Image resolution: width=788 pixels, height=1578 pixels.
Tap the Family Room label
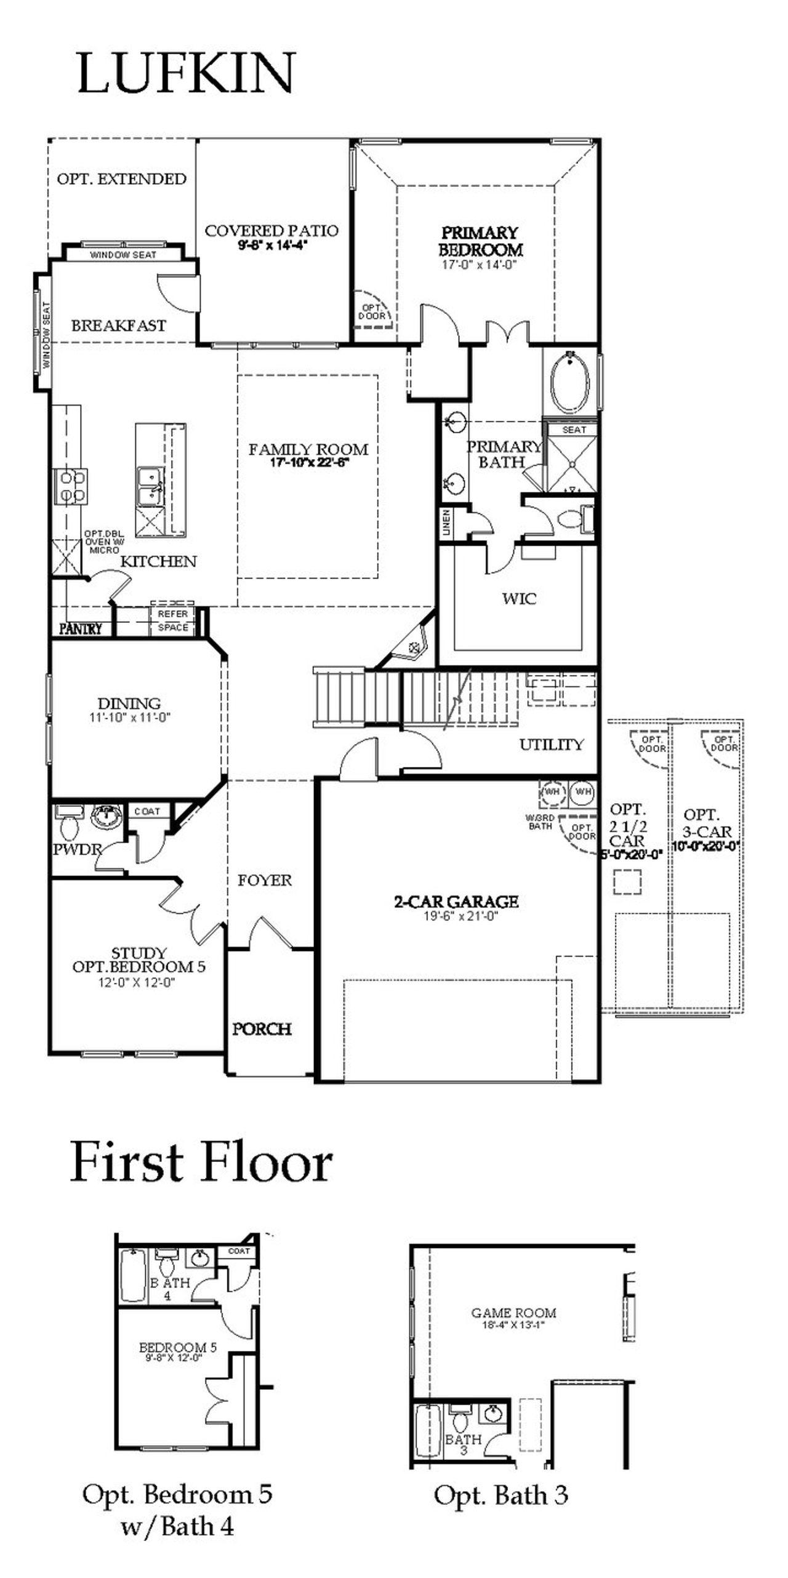pyautogui.click(x=308, y=450)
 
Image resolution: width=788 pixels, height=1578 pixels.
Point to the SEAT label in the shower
pyautogui.click(x=574, y=430)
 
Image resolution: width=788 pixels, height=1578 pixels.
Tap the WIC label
pyautogui.click(x=519, y=598)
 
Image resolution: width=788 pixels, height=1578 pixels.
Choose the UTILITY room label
pyautogui.click(x=551, y=745)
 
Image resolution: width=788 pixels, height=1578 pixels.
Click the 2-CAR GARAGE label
pyautogui.click(x=456, y=902)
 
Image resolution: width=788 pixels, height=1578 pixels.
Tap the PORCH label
pyautogui.click(x=262, y=1028)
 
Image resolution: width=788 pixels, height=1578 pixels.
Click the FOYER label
pyautogui.click(x=265, y=880)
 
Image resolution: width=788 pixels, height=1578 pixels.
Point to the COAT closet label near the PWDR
pyautogui.click(x=147, y=811)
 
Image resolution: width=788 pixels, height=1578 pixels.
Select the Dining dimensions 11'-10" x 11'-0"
pyautogui.click(x=129, y=717)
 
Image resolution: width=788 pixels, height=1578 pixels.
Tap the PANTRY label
pyautogui.click(x=81, y=628)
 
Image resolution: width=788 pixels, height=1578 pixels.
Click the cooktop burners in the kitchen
pyautogui.click(x=72, y=486)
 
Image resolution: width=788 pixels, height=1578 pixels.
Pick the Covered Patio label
pyautogui.click(x=271, y=231)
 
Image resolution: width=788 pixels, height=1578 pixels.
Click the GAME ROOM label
pyautogui.click(x=513, y=1313)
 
